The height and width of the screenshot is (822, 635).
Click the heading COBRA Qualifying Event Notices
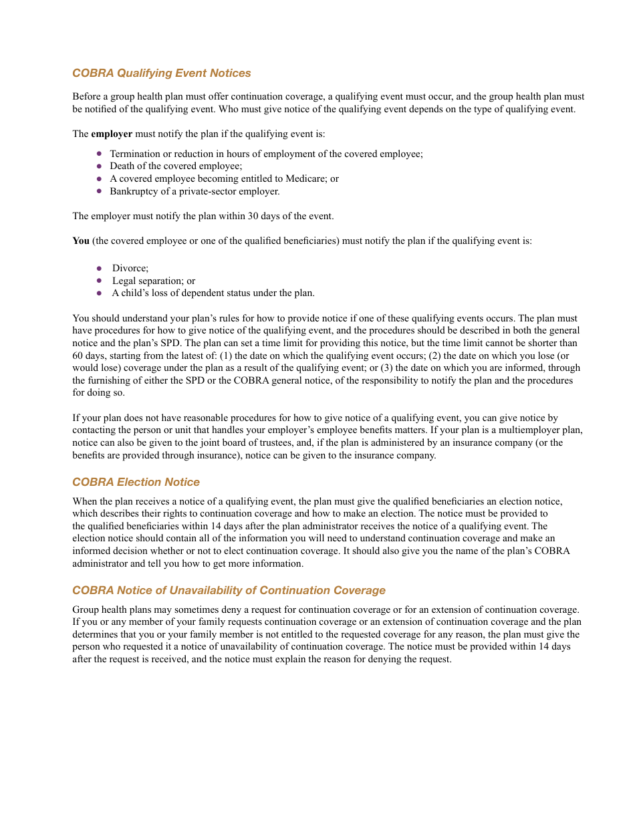point(162,73)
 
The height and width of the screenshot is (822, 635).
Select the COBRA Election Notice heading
point(136,482)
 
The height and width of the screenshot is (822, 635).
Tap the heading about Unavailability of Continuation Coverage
point(229,590)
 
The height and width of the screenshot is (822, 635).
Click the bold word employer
point(112,134)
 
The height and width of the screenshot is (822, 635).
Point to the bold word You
point(80,241)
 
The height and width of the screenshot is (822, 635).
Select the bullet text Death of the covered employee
point(176,166)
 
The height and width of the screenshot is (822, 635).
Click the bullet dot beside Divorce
point(99,268)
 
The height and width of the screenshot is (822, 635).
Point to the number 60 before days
point(78,356)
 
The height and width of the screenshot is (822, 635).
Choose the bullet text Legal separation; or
point(154,281)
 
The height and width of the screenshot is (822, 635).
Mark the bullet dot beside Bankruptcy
point(99,191)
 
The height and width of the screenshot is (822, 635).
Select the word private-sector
point(208,191)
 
